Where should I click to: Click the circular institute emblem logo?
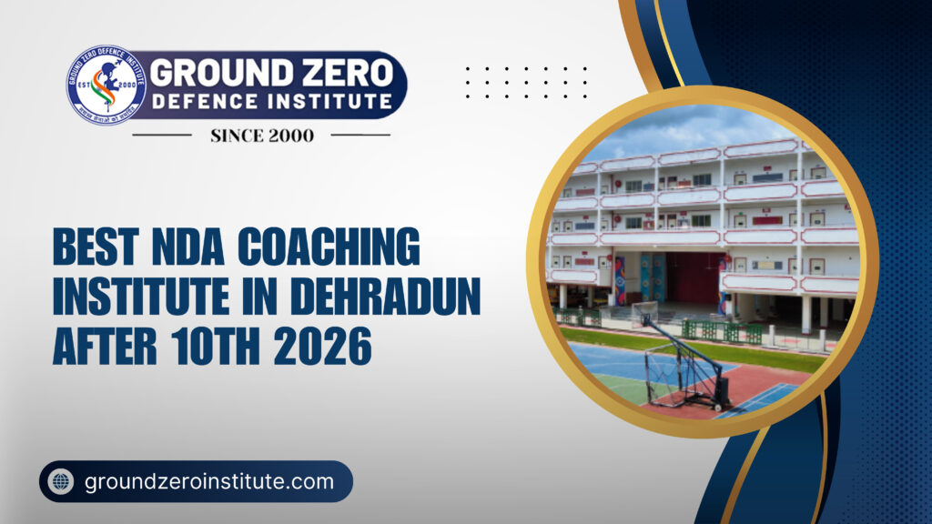click(106, 85)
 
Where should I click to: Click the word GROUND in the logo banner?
click(210, 72)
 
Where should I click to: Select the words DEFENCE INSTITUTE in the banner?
click(272, 101)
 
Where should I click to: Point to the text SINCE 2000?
click(262, 136)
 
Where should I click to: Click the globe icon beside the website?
click(62, 482)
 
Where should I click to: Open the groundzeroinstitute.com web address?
click(209, 482)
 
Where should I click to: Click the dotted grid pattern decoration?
click(525, 82)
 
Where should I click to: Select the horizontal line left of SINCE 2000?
click(161, 136)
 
